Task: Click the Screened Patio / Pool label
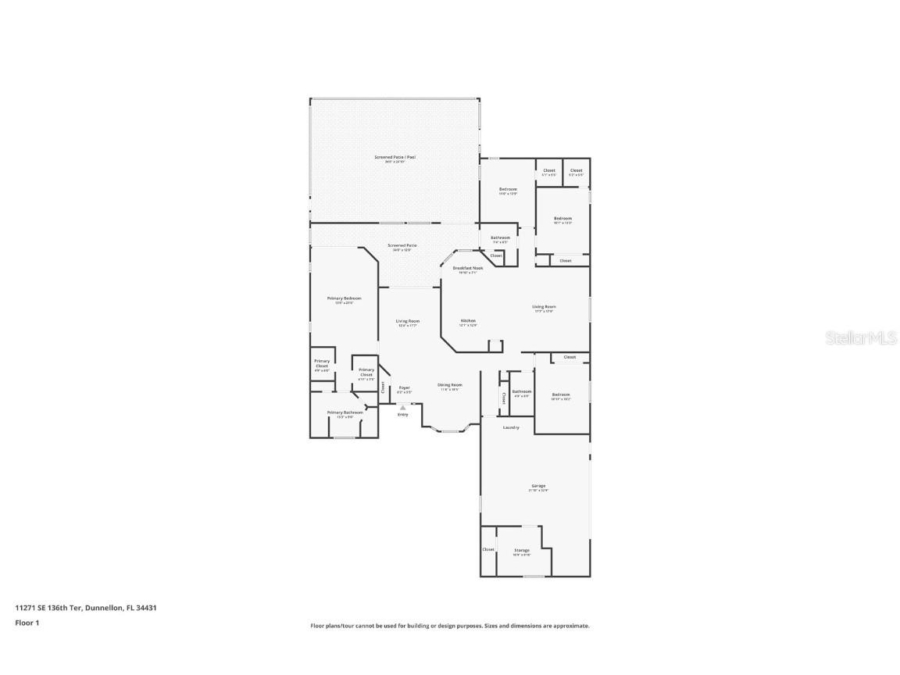[x=395, y=158]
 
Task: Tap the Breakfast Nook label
[x=468, y=268]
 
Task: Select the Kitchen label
[x=468, y=321]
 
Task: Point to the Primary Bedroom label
[x=344, y=298]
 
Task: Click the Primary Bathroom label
[x=345, y=412]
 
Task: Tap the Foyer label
[x=404, y=388]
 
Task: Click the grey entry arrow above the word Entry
[x=403, y=407]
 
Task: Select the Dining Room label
[x=449, y=385]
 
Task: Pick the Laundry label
[x=511, y=427]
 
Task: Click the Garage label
[x=538, y=486]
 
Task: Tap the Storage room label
[x=522, y=551]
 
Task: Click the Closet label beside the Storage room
[x=488, y=549]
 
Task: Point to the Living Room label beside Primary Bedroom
[x=407, y=321]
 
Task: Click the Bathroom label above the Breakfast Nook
[x=500, y=237]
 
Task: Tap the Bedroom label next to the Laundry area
[x=560, y=395]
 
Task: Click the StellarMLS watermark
[x=860, y=338]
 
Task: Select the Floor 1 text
[x=27, y=623]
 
